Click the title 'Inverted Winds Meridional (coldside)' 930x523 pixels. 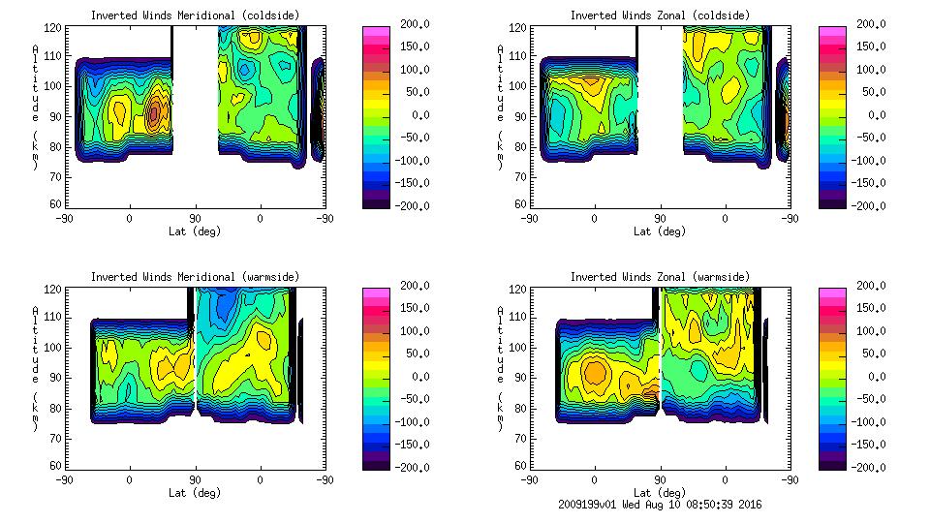(x=195, y=15)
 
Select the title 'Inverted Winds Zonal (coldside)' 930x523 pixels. (x=659, y=15)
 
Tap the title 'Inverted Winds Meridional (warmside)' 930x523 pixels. (x=195, y=277)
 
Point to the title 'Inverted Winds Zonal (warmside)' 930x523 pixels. (x=659, y=277)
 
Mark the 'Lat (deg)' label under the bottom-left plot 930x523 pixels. (x=195, y=492)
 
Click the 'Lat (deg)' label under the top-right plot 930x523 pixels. (x=659, y=231)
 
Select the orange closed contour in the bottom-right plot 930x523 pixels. (x=595, y=371)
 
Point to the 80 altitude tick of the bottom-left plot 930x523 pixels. (x=56, y=409)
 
